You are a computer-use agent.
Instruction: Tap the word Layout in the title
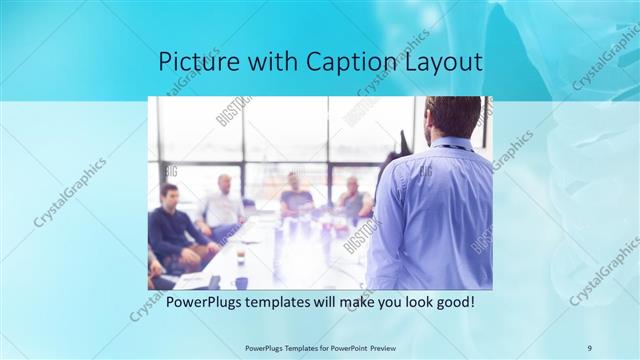click(444, 62)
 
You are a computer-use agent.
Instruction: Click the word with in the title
click(270, 62)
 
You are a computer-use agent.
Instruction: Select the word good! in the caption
click(450, 301)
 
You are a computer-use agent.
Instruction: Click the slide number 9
click(589, 347)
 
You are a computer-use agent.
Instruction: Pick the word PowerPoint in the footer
click(343, 347)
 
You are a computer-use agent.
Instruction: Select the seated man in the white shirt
click(222, 205)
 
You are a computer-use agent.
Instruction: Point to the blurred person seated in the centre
click(296, 195)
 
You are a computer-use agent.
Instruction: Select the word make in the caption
click(348, 301)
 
